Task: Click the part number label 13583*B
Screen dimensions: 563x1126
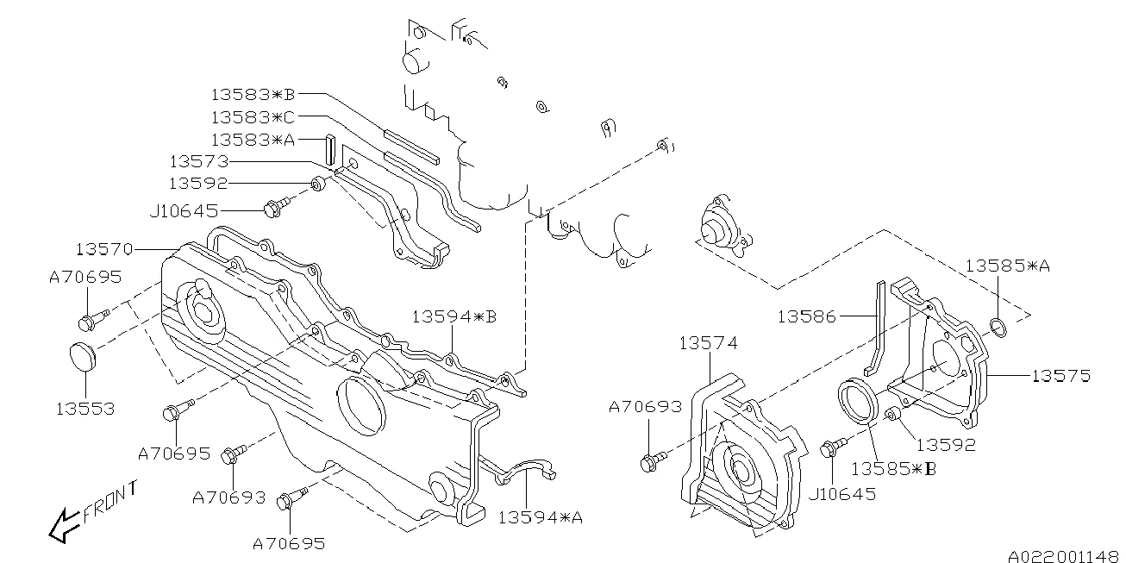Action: (x=253, y=94)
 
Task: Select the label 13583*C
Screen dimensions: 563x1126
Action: (x=253, y=116)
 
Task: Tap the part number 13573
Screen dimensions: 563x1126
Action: (x=197, y=161)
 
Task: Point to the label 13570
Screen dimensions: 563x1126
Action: (x=103, y=250)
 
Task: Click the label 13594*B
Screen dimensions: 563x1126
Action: (x=454, y=317)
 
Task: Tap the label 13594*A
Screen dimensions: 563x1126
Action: (x=540, y=517)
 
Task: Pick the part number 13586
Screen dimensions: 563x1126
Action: (x=806, y=316)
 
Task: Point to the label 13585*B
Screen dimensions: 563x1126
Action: (x=893, y=468)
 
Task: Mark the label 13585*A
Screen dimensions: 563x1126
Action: (x=1006, y=266)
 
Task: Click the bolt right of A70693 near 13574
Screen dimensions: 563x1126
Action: (x=651, y=460)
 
